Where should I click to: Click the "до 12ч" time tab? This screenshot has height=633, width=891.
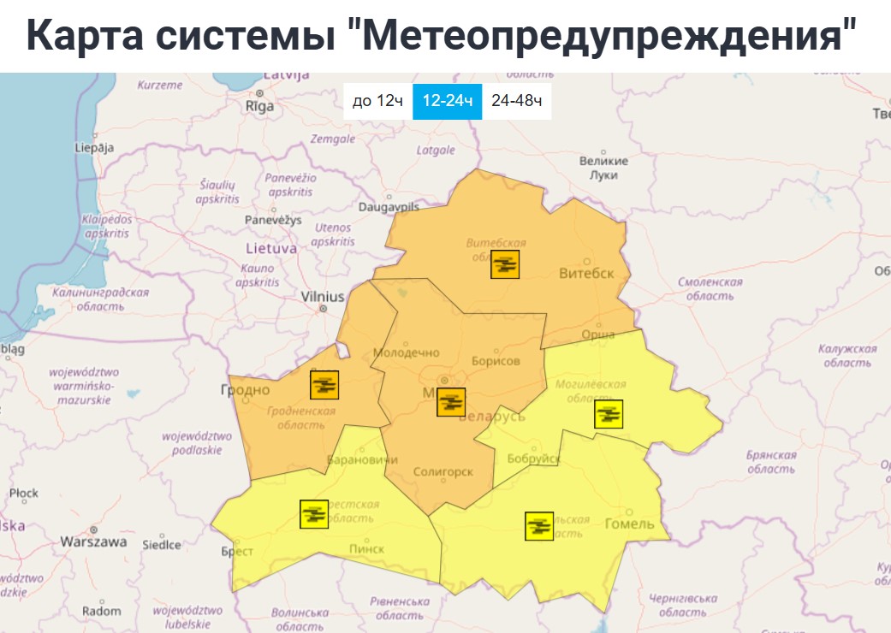coord(377,101)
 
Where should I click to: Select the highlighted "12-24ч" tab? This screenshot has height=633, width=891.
coord(447,101)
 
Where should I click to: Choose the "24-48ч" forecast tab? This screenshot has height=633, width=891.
coord(516,101)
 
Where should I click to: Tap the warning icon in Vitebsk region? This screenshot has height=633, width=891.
coord(505,264)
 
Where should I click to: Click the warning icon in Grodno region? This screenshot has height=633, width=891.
coord(324,385)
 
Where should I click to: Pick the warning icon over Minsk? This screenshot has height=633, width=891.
coord(451,401)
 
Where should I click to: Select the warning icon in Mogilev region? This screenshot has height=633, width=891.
coord(609,414)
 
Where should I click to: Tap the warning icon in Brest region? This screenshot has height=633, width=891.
coord(314,513)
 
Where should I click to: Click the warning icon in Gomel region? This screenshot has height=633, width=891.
coord(538,525)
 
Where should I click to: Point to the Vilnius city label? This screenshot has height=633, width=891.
coord(323,297)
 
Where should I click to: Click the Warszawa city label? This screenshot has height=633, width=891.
coord(94,541)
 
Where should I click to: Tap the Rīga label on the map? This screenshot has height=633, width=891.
coord(259,107)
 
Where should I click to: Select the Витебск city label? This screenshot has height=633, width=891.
coord(586,274)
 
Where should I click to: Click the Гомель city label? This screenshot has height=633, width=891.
coord(629,524)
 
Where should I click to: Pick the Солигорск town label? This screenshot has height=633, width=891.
coord(443,472)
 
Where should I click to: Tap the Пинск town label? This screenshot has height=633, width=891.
coord(367,548)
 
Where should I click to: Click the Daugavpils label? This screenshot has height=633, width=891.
coord(389,207)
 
